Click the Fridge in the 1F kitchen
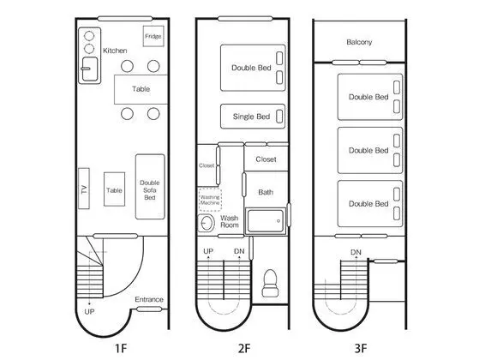click(153, 36)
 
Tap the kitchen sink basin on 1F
click(90, 69)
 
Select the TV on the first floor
click(84, 189)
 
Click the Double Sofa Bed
click(150, 186)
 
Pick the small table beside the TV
click(114, 189)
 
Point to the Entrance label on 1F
click(149, 299)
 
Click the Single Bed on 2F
click(253, 116)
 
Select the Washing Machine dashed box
click(210, 201)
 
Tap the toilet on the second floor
click(270, 283)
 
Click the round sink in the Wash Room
click(207, 223)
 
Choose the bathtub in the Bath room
click(266, 221)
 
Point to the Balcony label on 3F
click(359, 42)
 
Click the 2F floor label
click(244, 348)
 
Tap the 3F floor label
click(361, 348)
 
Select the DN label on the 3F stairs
click(356, 252)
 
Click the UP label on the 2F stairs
click(208, 251)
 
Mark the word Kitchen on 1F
click(115, 51)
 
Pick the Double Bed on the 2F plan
click(253, 68)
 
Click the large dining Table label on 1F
click(141, 89)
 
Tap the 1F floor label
click(121, 348)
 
